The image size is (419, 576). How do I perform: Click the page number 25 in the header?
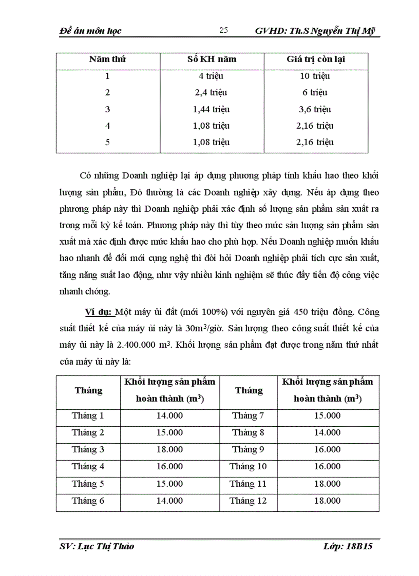223,30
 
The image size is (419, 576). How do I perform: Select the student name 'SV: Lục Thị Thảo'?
97,546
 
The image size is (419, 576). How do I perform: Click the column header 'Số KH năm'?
212,59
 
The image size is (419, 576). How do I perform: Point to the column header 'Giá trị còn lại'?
315,59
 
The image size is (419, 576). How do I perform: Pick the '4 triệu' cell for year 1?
211,76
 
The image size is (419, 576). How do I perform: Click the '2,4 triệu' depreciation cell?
211,93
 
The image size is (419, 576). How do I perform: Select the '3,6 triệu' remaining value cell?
315,109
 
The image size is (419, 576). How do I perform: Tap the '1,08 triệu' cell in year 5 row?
211,142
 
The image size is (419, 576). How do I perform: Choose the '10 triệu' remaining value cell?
315,76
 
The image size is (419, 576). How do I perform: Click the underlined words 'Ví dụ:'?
100,312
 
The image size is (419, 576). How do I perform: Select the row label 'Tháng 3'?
88,450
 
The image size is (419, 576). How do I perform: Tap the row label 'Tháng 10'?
248,467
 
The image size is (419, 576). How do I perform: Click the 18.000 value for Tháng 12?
327,501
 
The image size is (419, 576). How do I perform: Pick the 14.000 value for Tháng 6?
169,501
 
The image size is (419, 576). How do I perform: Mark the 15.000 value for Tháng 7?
327,415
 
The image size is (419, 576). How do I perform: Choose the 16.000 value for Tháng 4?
169,467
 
